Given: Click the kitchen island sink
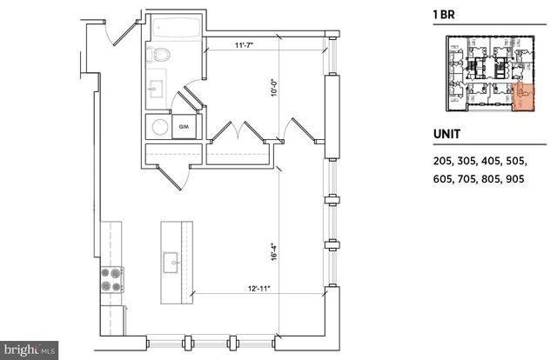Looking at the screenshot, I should point(171,258).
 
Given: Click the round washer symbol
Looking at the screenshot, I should point(160,127).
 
